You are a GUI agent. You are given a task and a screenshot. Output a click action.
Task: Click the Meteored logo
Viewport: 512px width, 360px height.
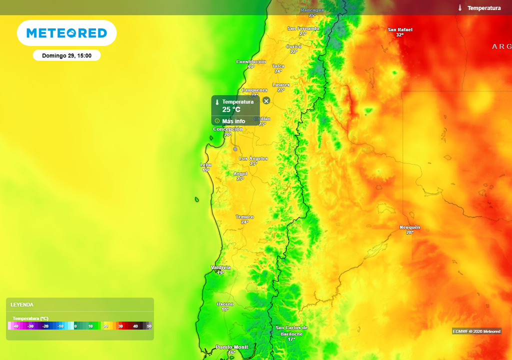pos(66,33)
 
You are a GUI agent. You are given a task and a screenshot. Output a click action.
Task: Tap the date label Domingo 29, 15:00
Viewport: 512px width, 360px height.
pos(66,55)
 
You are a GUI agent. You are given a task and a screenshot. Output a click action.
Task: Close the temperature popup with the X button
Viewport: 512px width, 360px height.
pos(266,101)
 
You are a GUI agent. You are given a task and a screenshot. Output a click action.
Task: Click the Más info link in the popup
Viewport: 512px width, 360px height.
pos(233,121)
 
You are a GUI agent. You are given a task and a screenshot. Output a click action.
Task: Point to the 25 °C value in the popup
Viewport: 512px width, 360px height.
pos(231,109)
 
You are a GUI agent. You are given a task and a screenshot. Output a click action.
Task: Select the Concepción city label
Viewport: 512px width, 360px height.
pos(228,129)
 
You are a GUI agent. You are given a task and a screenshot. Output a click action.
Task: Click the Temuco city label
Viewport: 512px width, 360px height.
pos(244,217)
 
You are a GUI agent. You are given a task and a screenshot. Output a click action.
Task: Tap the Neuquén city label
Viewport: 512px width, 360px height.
pos(409,227)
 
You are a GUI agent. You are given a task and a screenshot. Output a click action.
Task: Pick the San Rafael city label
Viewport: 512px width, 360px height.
pos(400,30)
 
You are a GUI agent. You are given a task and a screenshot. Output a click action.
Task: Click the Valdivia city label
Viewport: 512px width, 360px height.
pos(220,267)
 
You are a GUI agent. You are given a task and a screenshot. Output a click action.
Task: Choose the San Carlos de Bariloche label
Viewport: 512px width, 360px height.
pos(291,330)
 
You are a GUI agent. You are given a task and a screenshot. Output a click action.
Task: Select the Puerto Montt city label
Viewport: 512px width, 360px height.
pos(231,347)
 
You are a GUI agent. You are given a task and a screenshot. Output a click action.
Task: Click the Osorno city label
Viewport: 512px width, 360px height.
pos(224,304)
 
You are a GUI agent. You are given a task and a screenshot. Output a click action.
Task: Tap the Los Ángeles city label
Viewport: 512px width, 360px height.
pos(253,158)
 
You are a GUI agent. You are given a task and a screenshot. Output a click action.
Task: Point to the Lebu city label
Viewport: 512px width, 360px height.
pos(206,164)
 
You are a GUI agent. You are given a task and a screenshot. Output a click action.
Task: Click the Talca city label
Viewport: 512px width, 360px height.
pos(278,66)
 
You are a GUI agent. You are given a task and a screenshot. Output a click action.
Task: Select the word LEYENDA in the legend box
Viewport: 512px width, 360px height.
pos(22,304)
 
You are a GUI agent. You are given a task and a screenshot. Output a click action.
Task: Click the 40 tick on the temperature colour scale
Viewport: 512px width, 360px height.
pos(135,326)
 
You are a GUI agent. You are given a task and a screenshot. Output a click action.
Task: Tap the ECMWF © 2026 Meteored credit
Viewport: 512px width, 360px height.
pos(476,331)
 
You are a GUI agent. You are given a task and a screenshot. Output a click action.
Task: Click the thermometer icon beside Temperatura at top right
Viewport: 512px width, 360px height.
pos(459,8)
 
